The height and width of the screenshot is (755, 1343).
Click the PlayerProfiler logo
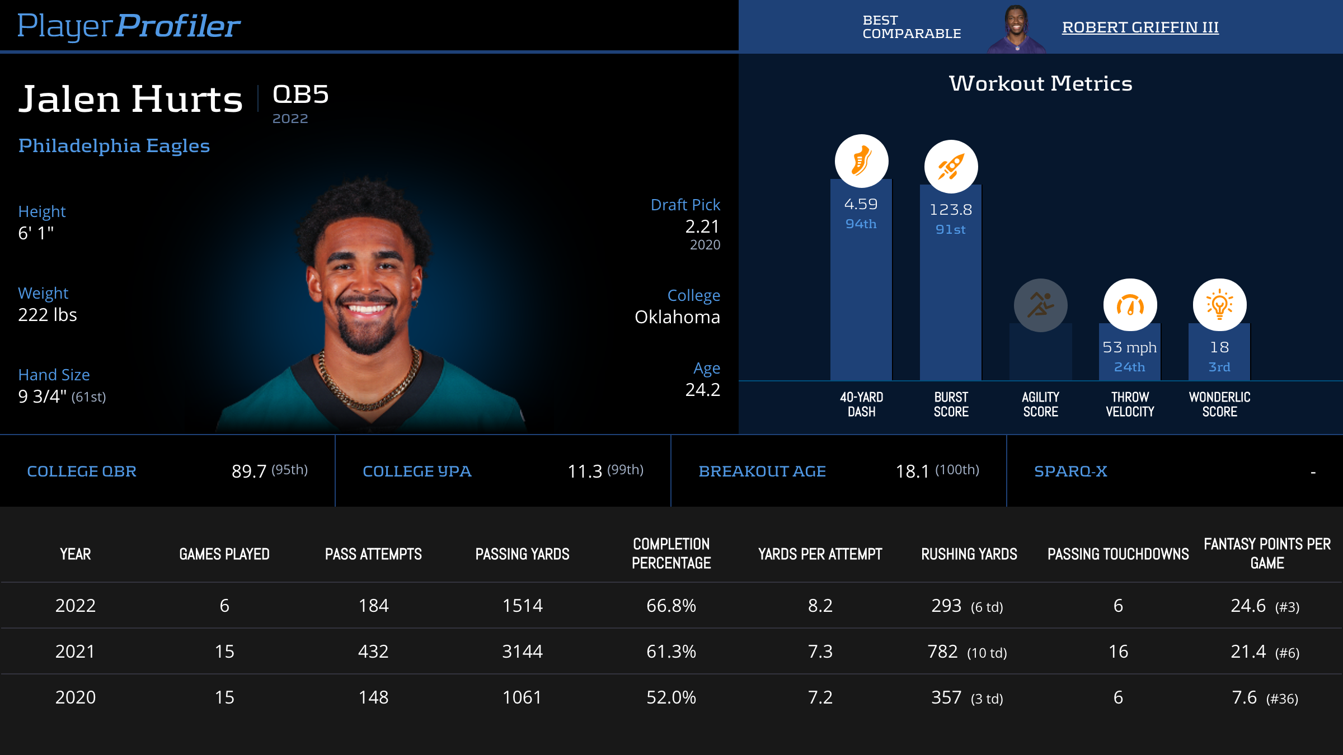point(129,26)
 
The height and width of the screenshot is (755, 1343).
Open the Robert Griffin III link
point(1140,27)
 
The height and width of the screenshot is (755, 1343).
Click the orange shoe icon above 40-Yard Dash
point(861,161)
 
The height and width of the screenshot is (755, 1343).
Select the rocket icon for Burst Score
point(951,167)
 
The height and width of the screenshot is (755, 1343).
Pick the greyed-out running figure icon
point(1040,305)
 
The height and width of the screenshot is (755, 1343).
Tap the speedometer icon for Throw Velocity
point(1130,305)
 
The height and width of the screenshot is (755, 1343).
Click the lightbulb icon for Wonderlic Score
point(1219,305)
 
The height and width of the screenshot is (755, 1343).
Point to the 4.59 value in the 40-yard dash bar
point(861,204)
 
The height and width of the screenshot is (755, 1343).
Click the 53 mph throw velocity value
point(1129,347)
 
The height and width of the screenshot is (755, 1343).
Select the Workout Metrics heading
point(1040,83)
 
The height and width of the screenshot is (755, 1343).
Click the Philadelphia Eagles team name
point(114,145)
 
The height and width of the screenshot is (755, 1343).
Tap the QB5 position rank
point(300,94)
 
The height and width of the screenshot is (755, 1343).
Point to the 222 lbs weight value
point(48,315)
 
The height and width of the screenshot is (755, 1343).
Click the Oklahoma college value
point(677,317)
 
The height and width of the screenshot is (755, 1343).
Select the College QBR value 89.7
point(249,471)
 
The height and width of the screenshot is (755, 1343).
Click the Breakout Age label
point(762,471)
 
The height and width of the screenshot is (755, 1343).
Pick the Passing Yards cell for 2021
point(522,652)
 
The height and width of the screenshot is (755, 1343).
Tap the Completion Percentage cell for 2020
point(671,697)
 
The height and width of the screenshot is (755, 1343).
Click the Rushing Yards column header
point(969,554)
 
